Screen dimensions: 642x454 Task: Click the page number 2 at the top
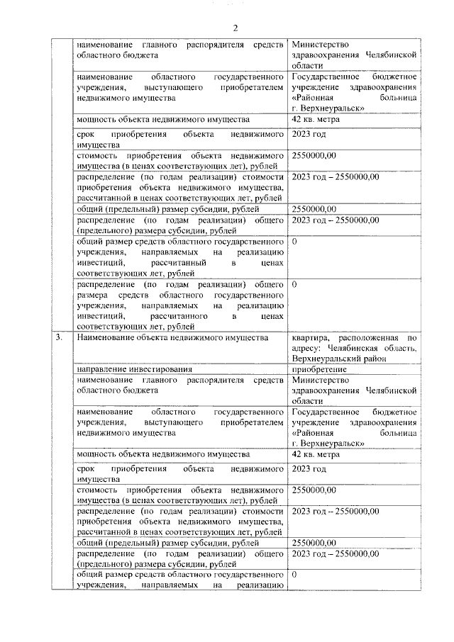point(235,28)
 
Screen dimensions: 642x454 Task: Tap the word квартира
point(310,338)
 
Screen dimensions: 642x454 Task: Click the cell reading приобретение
point(319,369)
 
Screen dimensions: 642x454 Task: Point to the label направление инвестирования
point(135,369)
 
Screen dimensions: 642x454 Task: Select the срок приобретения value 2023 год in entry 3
point(309,469)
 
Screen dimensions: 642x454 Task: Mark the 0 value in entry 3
point(294,575)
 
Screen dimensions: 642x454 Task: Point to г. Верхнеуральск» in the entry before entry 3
point(328,108)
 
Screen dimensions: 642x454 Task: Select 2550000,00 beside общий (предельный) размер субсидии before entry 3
point(314,208)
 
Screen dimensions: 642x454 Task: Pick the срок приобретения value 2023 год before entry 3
point(309,135)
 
